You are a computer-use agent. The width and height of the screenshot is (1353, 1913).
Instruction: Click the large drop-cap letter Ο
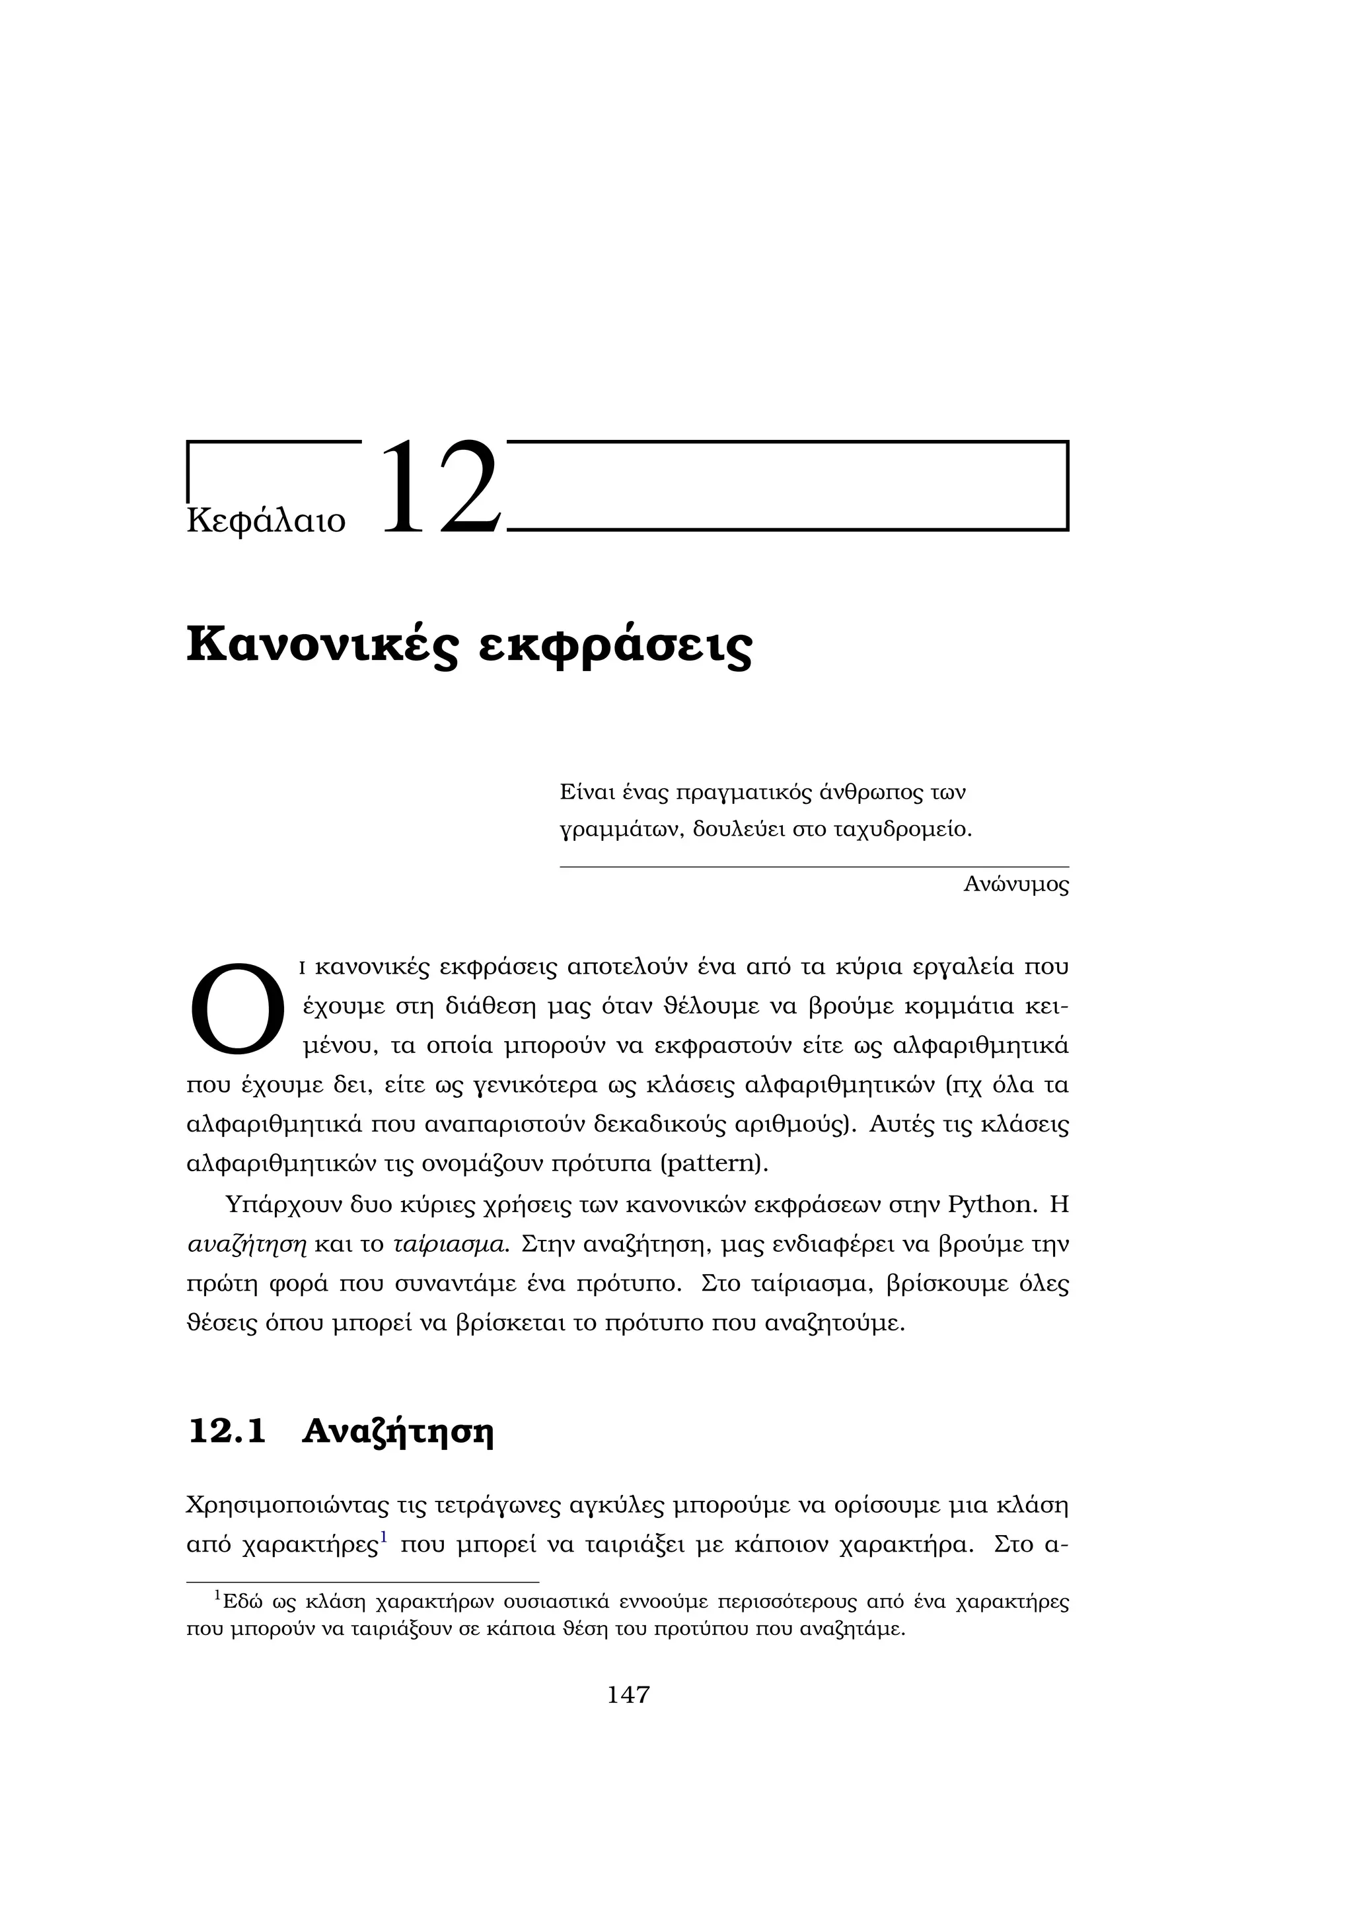coord(237,1008)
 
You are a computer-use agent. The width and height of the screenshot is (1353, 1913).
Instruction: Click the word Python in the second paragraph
coord(990,1205)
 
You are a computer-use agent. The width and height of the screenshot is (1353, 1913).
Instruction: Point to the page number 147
coord(628,1695)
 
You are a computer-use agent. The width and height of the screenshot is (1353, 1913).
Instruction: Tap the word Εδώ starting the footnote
coord(243,1603)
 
